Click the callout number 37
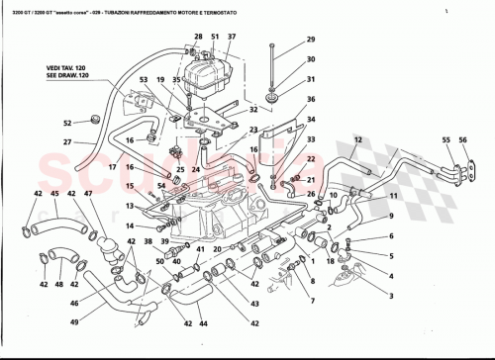pyautogui.click(x=232, y=37)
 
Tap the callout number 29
pyautogui.click(x=309, y=40)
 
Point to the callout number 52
pyautogui.click(x=67, y=124)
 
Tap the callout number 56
pyautogui.click(x=460, y=140)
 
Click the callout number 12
pyautogui.click(x=358, y=140)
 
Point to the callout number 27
pyautogui.click(x=67, y=143)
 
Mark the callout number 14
pyautogui.click(x=130, y=225)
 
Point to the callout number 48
pyautogui.click(x=59, y=285)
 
